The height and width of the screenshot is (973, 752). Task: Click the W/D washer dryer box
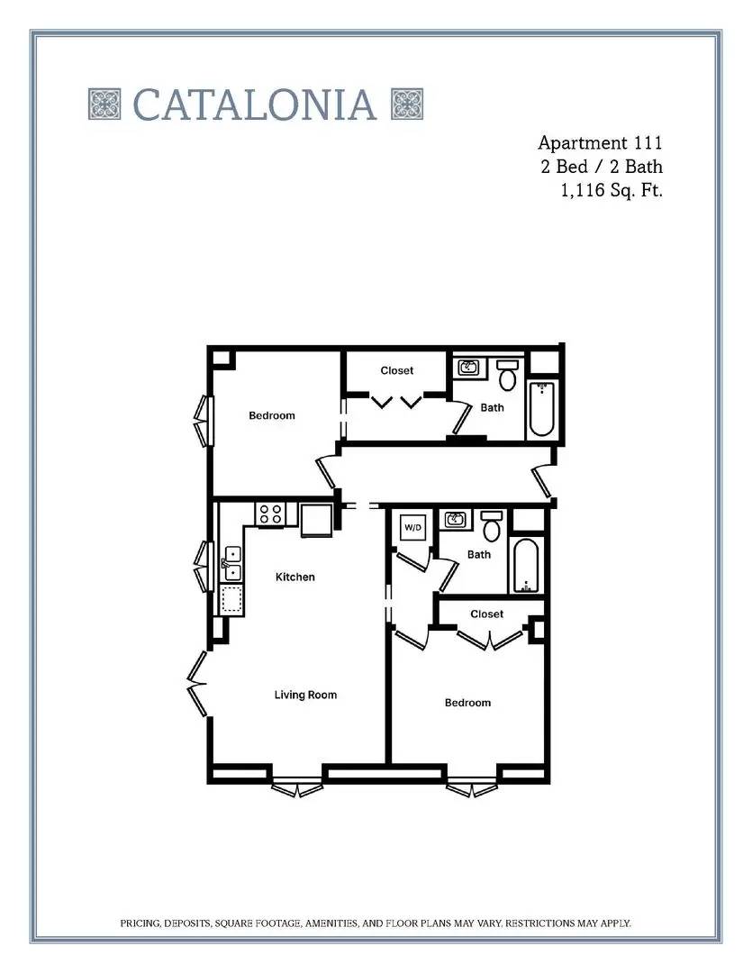pos(413,527)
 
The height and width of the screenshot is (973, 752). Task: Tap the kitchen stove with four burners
pos(270,514)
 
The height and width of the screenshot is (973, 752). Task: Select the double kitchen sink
pos(232,564)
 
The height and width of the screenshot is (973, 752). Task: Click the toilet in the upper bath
pos(508,374)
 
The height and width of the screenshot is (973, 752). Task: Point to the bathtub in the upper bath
pos(541,410)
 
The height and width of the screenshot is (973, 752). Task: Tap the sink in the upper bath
pos(468,368)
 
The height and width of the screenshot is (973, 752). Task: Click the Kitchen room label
pos(295,577)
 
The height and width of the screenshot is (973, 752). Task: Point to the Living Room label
pos(306,695)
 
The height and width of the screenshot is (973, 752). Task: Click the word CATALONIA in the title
pos(255,105)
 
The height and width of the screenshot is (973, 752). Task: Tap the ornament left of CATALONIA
pos(104,105)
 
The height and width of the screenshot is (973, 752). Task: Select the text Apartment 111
pos(600,142)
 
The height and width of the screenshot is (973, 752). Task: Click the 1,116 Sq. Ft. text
pos(612,190)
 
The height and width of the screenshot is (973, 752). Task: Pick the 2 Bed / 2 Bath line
pos(602,167)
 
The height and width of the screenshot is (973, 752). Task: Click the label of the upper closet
pos(397,370)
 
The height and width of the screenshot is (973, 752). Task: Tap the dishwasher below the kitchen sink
pos(232,599)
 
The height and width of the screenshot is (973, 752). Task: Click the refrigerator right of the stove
pos(316,520)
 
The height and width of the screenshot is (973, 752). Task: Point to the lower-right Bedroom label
pos(467,703)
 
